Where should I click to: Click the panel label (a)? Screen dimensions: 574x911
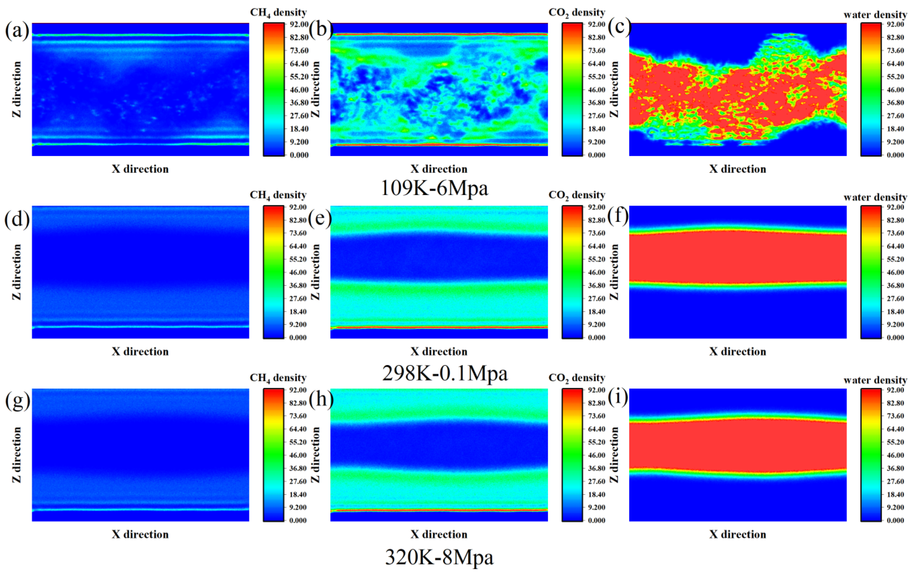click(x=17, y=31)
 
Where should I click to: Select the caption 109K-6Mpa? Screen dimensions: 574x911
click(x=434, y=188)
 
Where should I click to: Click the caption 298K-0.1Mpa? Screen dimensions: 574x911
click(x=445, y=373)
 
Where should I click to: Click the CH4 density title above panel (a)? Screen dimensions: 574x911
click(x=278, y=12)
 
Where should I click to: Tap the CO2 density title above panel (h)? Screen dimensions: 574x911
click(x=577, y=378)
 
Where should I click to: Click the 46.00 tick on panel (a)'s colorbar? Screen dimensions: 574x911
click(x=299, y=90)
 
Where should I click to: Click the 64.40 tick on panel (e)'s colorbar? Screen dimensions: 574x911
click(x=597, y=246)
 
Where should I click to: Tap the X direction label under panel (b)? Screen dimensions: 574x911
click(x=439, y=169)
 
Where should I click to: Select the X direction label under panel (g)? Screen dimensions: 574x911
click(x=140, y=534)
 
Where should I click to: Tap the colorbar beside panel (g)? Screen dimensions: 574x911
click(x=273, y=455)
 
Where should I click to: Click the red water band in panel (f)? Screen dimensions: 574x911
click(x=738, y=257)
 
